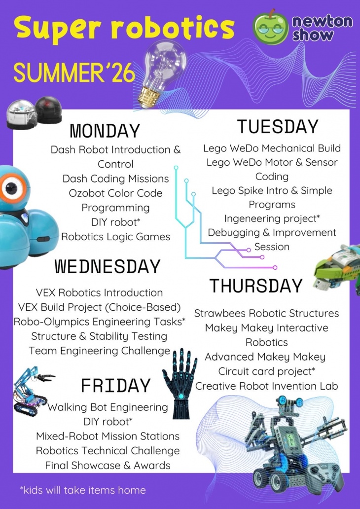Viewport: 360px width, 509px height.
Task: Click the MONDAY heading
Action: click(105, 131)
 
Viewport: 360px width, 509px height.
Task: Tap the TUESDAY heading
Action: click(278, 127)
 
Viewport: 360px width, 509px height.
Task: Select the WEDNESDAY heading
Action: click(107, 266)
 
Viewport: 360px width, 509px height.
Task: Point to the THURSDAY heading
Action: click(256, 286)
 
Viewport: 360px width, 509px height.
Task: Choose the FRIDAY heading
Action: click(115, 386)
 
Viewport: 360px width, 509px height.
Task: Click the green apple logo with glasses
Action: click(270, 28)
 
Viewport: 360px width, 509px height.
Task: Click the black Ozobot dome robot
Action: click(48, 109)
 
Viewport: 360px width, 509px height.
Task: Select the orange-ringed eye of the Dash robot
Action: click(10, 187)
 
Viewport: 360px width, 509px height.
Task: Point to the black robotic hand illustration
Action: click(180, 383)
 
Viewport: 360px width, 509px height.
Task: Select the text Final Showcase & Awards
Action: click(108, 465)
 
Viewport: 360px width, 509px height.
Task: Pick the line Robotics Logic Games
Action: click(115, 237)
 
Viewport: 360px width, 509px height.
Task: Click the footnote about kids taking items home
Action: click(83, 490)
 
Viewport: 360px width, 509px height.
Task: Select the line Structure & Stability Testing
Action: click(99, 336)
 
